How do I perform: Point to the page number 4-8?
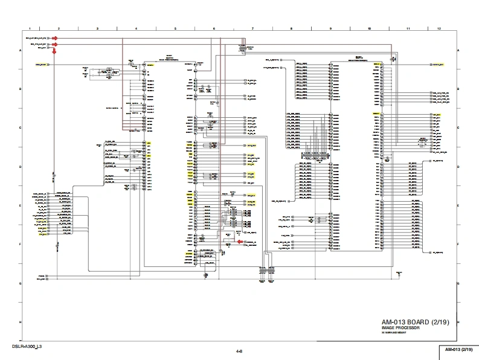click(x=239, y=351)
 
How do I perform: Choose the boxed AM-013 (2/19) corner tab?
click(x=458, y=350)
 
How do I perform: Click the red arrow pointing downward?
click(x=54, y=51)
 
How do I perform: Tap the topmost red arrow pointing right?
click(x=54, y=37)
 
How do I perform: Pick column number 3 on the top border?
click(x=97, y=28)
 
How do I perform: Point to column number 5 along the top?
click(x=175, y=28)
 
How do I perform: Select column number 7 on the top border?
click(x=252, y=28)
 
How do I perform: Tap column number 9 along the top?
click(x=330, y=28)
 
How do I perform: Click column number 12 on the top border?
click(x=439, y=28)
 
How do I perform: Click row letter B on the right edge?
click(x=458, y=89)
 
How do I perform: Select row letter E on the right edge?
click(x=458, y=206)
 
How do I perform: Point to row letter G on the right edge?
click(x=458, y=283)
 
